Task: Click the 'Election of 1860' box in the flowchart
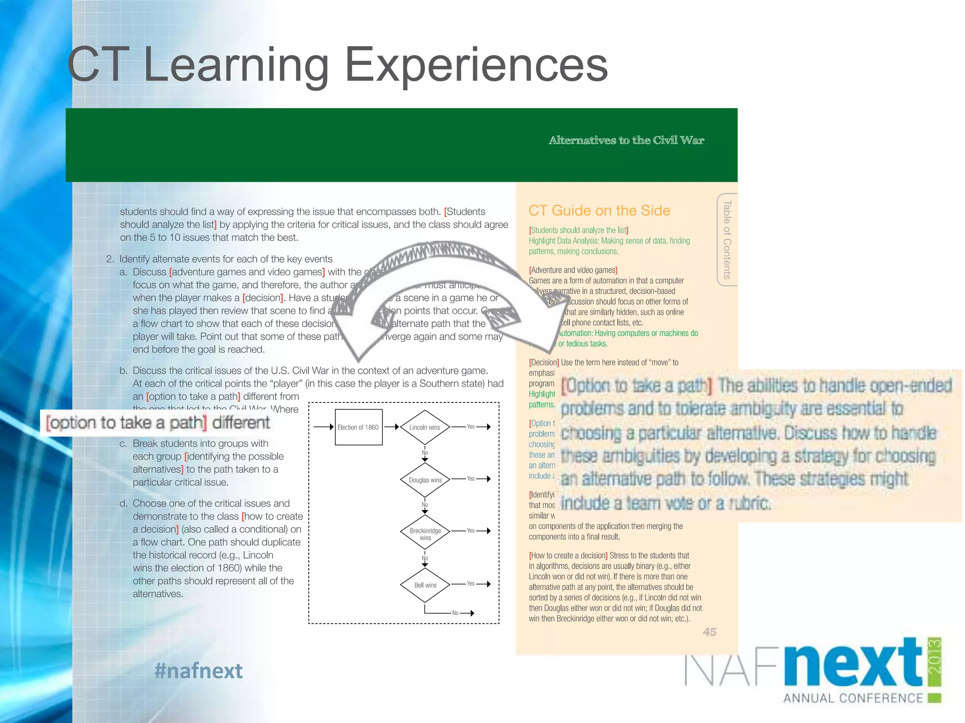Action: (x=358, y=427)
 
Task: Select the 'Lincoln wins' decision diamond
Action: (x=425, y=427)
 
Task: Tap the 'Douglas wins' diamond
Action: (x=425, y=480)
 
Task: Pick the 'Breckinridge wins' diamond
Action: (x=425, y=534)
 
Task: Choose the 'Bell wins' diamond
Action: (x=425, y=585)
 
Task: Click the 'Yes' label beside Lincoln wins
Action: (x=471, y=426)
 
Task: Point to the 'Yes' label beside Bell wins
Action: (x=471, y=583)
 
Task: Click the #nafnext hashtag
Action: (x=198, y=671)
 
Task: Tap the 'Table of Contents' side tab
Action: (x=727, y=240)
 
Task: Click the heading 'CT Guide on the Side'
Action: (x=599, y=210)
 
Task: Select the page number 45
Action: (x=709, y=632)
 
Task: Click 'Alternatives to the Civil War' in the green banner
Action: (x=626, y=140)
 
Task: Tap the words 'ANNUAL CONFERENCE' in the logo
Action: (x=853, y=698)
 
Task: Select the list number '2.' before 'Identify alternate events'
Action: (x=110, y=259)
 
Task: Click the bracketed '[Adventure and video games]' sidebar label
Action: (x=573, y=270)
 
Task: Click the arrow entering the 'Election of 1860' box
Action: (x=324, y=427)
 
